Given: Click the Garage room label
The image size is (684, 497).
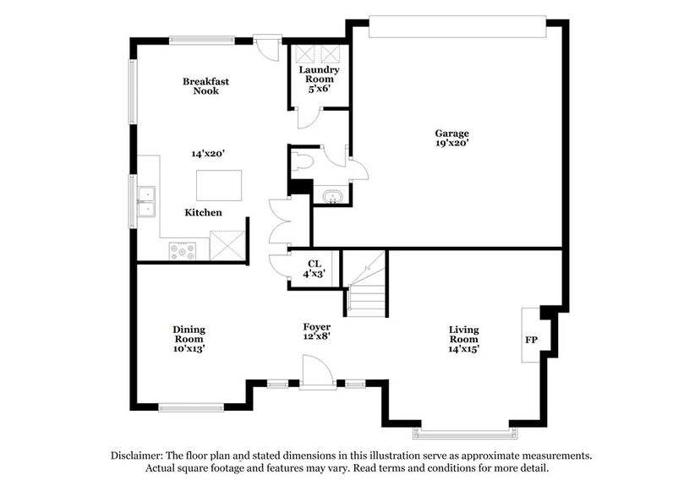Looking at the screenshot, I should tap(451, 138).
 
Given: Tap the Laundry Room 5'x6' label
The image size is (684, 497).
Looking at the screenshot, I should tap(323, 79).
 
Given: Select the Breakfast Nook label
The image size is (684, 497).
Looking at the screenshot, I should tap(205, 86).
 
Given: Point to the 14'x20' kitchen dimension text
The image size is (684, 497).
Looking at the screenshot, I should tap(207, 154).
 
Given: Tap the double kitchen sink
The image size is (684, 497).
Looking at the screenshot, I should tap(147, 202).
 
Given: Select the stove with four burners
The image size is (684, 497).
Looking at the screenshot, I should tap(182, 250).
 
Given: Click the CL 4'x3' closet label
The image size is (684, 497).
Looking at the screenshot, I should tap(315, 268).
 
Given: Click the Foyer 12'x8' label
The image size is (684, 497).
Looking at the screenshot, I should tap(317, 330).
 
